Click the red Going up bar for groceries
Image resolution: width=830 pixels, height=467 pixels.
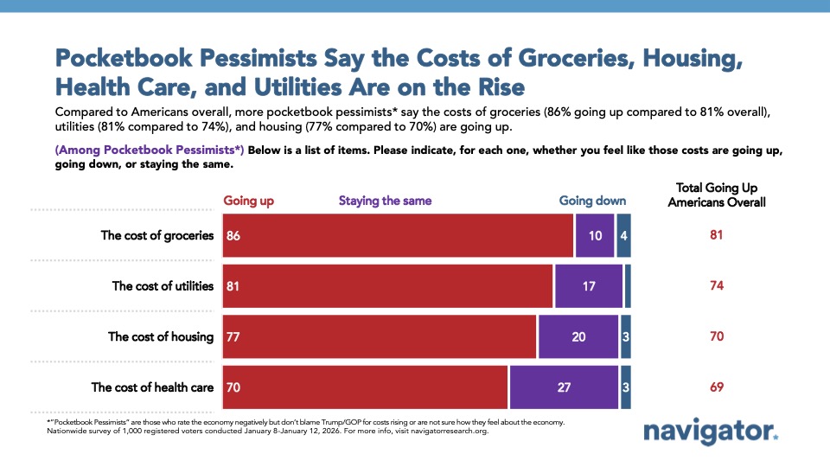coord(398,235)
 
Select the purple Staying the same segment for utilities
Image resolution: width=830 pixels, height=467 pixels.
coord(588,285)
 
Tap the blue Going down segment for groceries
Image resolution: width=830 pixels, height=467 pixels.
coord(623,235)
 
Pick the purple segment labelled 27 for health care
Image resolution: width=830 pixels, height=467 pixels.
coord(564,387)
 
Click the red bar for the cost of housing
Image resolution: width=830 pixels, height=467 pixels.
coord(380,336)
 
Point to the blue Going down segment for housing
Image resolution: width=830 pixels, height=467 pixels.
coord(625,336)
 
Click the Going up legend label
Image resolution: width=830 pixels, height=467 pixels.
coord(249,201)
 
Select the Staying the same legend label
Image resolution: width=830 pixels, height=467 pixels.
coord(384,201)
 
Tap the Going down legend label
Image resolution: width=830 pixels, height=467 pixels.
coord(592,201)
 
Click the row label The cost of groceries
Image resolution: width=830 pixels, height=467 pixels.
coord(156,235)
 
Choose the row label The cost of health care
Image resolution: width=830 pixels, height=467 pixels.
coord(152,387)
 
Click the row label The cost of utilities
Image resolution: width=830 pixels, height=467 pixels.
coord(163,285)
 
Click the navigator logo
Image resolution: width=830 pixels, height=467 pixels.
coord(711,432)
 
